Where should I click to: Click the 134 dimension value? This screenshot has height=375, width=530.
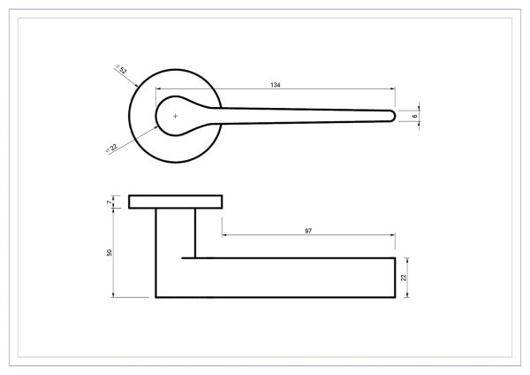tap(276, 85)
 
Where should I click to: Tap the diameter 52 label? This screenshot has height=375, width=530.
tap(121, 69)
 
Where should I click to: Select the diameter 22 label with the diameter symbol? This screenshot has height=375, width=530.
tap(111, 148)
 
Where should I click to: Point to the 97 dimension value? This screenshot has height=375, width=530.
tap(308, 231)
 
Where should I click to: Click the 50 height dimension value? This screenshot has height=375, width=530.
tap(110, 252)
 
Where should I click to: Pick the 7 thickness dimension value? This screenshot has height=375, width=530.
tap(109, 202)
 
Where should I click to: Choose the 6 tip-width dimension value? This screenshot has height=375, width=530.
tap(415, 116)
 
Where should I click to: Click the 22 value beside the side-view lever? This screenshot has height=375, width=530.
tap(404, 278)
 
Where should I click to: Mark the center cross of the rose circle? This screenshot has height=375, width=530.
tap(176, 116)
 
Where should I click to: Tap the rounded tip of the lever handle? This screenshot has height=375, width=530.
tap(393, 116)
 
